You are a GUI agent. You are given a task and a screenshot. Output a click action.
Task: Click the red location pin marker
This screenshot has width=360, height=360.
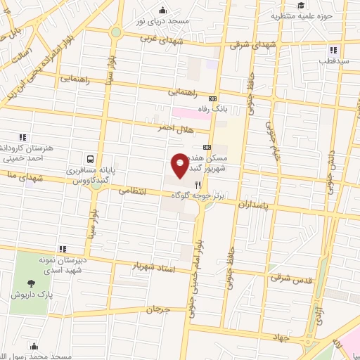[x=180, y=165]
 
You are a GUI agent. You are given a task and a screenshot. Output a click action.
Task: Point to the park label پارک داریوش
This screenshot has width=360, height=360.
[x=28, y=295]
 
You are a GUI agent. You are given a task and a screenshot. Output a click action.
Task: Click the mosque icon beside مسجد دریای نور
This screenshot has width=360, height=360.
[x=163, y=10]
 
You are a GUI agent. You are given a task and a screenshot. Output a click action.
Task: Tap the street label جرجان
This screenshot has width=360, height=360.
[x=159, y=309]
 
